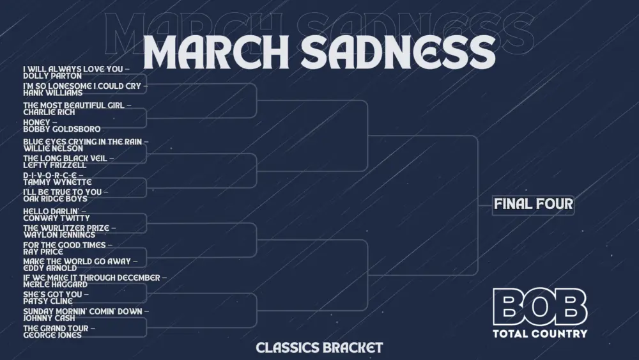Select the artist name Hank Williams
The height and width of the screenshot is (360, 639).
53,93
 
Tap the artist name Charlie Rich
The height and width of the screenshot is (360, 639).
49,113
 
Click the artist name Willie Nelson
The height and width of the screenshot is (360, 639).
53,149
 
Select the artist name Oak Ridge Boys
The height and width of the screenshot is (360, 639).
56,199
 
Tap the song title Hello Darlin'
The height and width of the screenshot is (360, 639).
51,211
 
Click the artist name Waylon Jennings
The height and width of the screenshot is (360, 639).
59,235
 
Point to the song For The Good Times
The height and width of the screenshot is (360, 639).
65,245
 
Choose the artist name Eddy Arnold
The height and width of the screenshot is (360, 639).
50,269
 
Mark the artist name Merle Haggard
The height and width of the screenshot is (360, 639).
55,285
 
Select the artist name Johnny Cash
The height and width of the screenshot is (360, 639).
49,318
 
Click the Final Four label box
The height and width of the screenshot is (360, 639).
533,205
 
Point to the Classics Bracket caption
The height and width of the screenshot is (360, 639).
319,348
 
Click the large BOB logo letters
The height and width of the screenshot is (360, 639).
540,307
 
